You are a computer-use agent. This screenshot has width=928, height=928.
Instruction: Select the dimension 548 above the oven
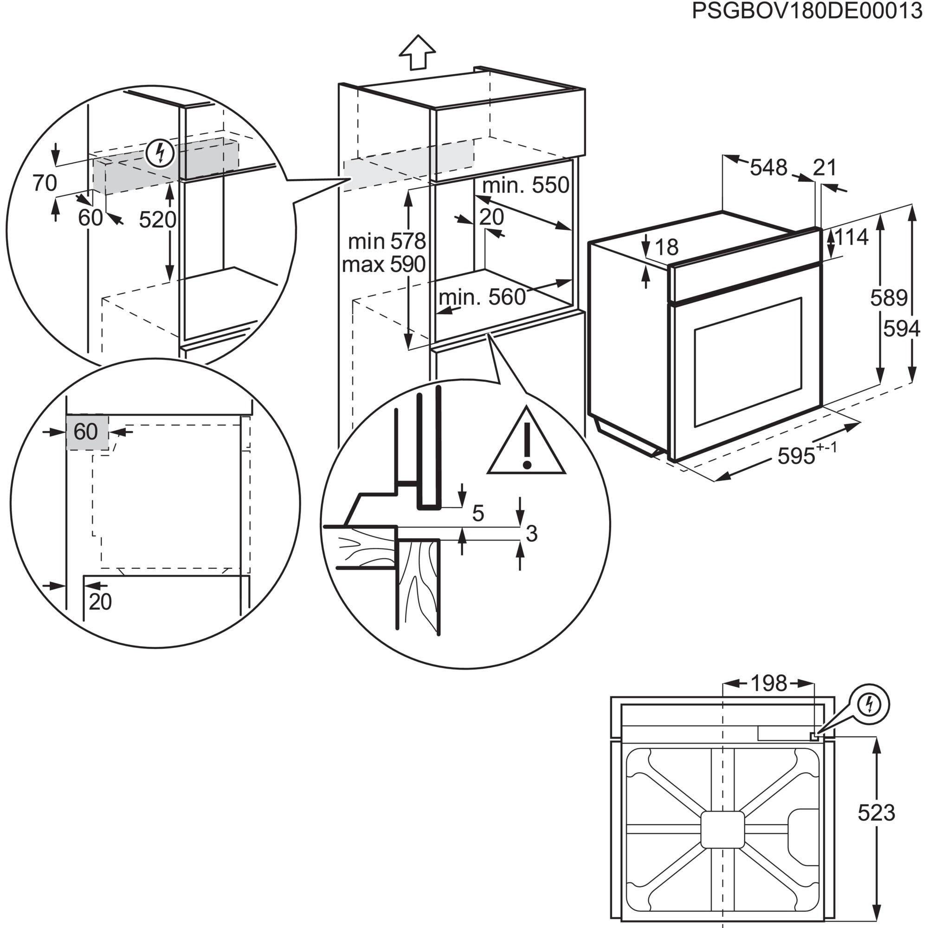coord(768,168)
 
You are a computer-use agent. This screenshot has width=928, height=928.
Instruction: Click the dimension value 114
coord(851,237)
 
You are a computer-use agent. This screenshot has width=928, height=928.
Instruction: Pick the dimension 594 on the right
coord(902,329)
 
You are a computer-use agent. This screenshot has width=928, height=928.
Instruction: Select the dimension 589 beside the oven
coord(889,298)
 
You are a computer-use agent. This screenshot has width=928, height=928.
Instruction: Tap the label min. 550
coord(526,185)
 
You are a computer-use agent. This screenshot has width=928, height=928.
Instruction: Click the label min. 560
coord(482,297)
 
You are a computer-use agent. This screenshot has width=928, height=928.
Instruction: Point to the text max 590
coord(384,264)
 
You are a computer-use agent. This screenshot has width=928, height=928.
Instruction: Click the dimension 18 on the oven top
coord(666,247)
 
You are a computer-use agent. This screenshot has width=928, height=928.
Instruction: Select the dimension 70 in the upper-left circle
coord(45,183)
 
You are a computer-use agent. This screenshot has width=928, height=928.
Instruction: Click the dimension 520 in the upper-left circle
coord(158,220)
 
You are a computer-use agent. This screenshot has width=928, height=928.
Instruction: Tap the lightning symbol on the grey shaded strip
coord(160,153)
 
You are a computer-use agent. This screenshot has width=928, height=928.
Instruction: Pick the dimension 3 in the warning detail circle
coord(531,534)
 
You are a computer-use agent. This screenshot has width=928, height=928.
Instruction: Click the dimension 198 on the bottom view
coord(768,683)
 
